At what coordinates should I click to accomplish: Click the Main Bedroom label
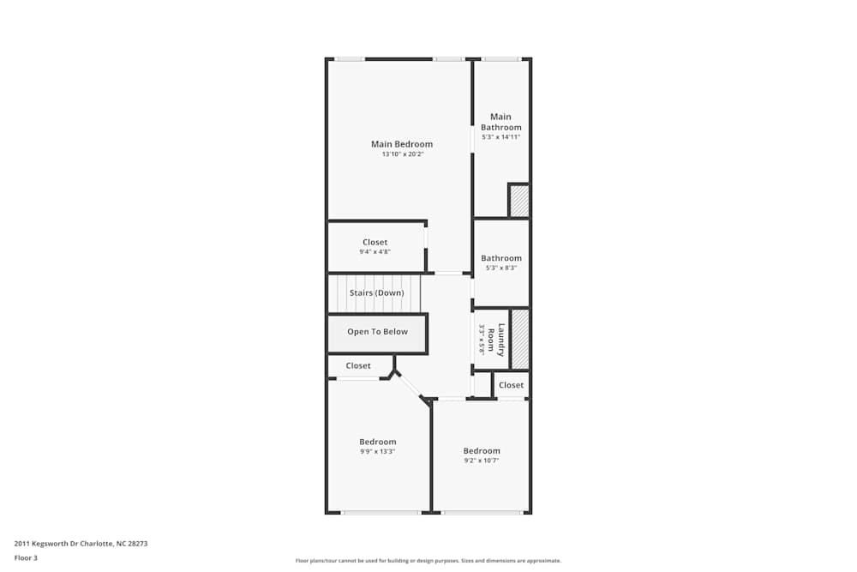[x=401, y=144]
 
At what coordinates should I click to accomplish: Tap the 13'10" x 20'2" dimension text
[x=402, y=154]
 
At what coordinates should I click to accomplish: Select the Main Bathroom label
[x=500, y=122]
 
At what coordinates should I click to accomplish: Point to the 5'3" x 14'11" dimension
[x=500, y=137]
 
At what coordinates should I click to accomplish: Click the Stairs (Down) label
[x=376, y=293]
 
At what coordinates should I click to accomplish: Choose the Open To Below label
[x=377, y=332]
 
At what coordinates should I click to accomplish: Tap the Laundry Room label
[x=500, y=340]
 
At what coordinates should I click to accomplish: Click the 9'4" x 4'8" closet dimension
[x=375, y=252]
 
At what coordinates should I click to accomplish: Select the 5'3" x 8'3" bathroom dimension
[x=500, y=268]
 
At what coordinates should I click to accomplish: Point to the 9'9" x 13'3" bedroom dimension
[x=377, y=451]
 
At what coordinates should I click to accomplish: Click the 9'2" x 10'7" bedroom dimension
[x=482, y=461]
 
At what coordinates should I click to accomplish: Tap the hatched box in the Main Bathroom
[x=518, y=201]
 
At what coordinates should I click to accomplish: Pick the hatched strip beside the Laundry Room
[x=519, y=339]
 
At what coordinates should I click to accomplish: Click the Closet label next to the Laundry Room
[x=511, y=385]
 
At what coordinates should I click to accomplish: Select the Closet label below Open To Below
[x=358, y=366]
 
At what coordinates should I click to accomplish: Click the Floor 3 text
[x=26, y=557]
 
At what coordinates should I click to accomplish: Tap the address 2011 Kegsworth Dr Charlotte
[x=87, y=544]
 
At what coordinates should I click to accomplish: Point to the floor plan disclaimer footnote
[x=428, y=561]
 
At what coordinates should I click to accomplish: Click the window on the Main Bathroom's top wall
[x=500, y=59]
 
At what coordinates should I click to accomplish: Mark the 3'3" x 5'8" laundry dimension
[x=482, y=340]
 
